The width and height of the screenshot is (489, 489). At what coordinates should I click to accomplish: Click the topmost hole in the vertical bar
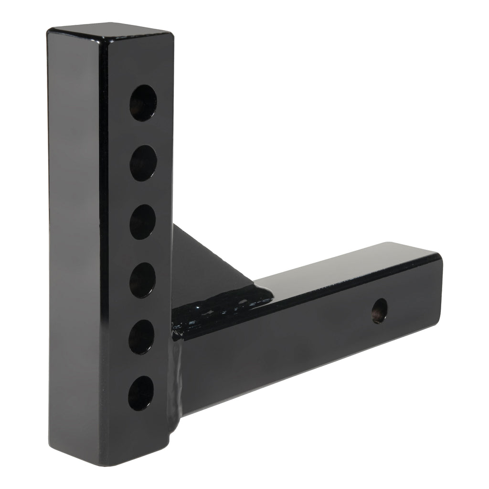coord(143,103)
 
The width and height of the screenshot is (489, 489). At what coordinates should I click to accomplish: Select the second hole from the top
coord(143,163)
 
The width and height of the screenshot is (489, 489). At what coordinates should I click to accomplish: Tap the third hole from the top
coord(142,222)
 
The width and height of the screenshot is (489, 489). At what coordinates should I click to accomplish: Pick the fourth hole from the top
coord(142,280)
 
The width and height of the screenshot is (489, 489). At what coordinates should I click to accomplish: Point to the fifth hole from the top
coord(141,337)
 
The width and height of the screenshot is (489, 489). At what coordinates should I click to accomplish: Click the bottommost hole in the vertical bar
coord(141,393)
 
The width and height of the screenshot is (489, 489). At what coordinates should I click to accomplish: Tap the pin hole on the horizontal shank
coord(380,311)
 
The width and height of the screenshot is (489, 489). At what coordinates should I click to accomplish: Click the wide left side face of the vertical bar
coord(74,239)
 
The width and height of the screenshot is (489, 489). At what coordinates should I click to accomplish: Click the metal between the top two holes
coord(143,133)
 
